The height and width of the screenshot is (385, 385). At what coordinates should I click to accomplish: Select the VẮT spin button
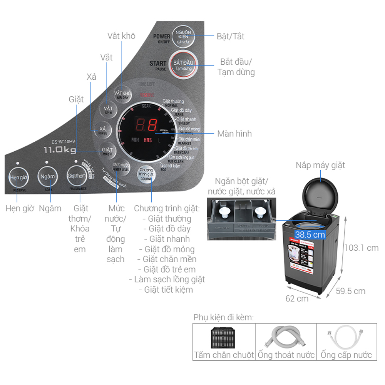pyautogui.click(x=108, y=110)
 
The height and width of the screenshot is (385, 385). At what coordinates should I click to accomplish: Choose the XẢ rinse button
pyautogui.click(x=103, y=130)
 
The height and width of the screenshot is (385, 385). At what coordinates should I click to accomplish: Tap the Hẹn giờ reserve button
pyautogui.click(x=18, y=177)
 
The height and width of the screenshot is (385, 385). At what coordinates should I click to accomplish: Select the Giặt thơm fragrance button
pyautogui.click(x=76, y=177)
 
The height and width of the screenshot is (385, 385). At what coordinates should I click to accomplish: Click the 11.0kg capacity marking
pyautogui.click(x=59, y=150)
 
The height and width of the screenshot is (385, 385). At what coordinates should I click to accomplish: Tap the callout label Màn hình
pyautogui.click(x=234, y=134)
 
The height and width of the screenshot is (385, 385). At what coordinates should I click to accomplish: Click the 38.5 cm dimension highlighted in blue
pyautogui.click(x=310, y=234)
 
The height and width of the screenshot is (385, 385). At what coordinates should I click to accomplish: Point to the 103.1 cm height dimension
pyautogui.click(x=361, y=248)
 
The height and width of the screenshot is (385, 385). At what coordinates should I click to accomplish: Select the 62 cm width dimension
pyautogui.click(x=297, y=298)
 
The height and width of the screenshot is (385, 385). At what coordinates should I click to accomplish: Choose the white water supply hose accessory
pyautogui.click(x=346, y=338)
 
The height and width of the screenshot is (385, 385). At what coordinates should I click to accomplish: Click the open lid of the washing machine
pyautogui.click(x=321, y=193)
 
